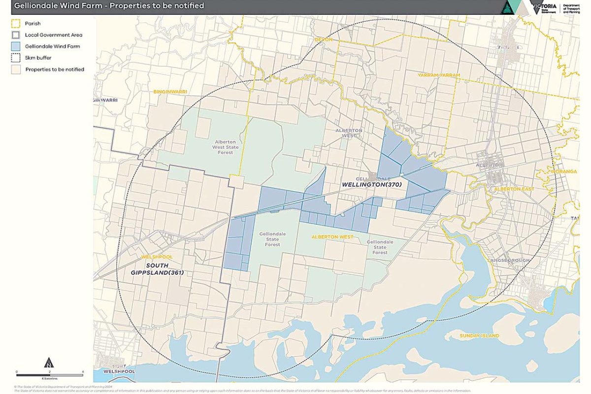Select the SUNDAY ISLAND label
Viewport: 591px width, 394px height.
coord(479,336)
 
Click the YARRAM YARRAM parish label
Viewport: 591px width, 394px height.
coord(438,75)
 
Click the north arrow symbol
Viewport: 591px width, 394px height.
coord(49,363)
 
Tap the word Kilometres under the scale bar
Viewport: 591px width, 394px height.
coord(49,378)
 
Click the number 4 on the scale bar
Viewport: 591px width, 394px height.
coord(82,372)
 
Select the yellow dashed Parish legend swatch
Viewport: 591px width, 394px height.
coord(16,23)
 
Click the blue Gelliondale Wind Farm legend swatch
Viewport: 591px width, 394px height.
coord(16,46)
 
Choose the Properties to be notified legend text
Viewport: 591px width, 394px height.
coord(54,69)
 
